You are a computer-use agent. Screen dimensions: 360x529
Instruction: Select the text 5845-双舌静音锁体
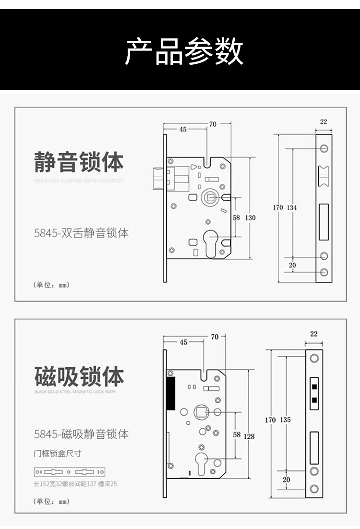tap(82, 233)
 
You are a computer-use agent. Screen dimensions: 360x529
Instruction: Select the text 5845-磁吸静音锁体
tap(82, 434)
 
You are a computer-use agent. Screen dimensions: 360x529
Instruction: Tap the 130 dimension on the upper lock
tap(251, 217)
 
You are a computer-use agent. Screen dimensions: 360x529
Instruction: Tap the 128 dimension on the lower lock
tap(250, 436)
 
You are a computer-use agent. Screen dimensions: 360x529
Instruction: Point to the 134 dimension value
tap(292, 208)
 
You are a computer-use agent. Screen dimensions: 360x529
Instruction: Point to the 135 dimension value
tap(285, 420)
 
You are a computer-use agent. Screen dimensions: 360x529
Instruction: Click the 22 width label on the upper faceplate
tap(324, 122)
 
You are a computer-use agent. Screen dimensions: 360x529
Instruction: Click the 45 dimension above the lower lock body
tap(183, 342)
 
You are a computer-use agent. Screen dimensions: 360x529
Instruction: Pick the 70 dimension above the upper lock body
tap(213, 124)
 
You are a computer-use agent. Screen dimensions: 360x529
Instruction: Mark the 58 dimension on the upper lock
tap(236, 217)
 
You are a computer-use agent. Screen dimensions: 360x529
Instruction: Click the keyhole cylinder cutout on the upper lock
tap(210, 240)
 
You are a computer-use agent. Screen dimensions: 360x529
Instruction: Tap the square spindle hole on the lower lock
tap(201, 412)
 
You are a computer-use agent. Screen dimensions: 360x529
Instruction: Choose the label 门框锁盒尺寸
tap(54, 454)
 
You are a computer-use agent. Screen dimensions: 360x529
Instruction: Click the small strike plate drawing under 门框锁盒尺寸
tap(70, 471)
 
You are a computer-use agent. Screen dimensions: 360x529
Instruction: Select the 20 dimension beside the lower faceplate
tap(287, 480)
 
